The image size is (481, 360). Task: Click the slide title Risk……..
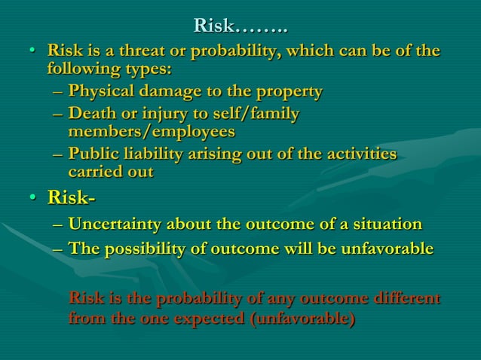coord(240,26)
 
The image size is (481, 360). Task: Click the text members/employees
coord(151,132)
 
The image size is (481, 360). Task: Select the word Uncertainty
coord(114,224)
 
